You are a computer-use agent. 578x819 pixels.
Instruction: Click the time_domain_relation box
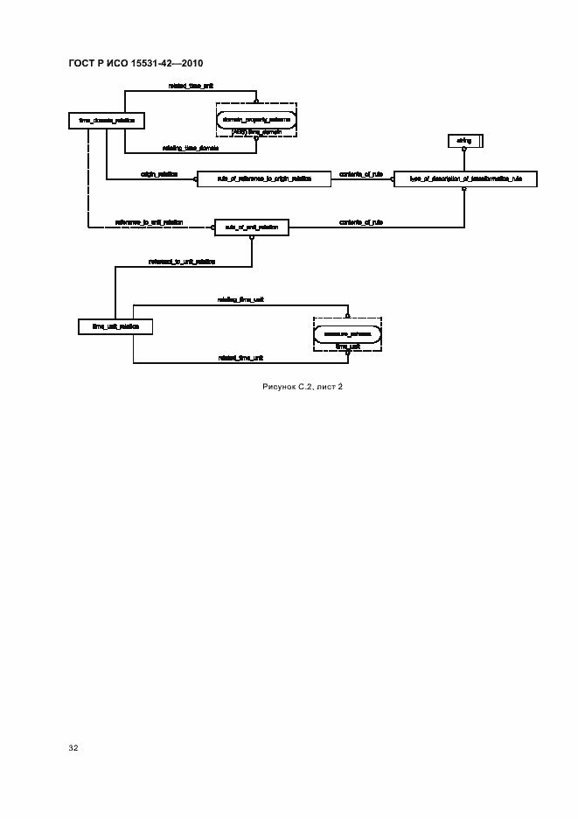pos(105,121)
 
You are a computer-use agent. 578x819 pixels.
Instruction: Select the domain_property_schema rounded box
pos(255,118)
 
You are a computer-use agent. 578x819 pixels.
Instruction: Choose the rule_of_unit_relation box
pos(252,227)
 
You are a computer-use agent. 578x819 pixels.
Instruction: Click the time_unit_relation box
pos(115,327)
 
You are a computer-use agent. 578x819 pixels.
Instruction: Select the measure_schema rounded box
pos(348,334)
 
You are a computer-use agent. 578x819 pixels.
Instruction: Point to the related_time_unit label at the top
pos(192,86)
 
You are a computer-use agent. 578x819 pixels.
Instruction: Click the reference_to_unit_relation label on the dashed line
pos(149,222)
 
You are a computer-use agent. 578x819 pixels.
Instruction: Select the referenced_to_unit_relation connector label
pos(182,261)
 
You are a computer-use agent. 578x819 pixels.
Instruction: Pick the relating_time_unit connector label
pos(241,299)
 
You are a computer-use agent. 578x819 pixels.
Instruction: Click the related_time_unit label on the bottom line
pos(241,358)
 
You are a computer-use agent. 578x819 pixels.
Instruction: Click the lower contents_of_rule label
pos(361,222)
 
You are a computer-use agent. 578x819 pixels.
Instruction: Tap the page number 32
pos(73,749)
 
